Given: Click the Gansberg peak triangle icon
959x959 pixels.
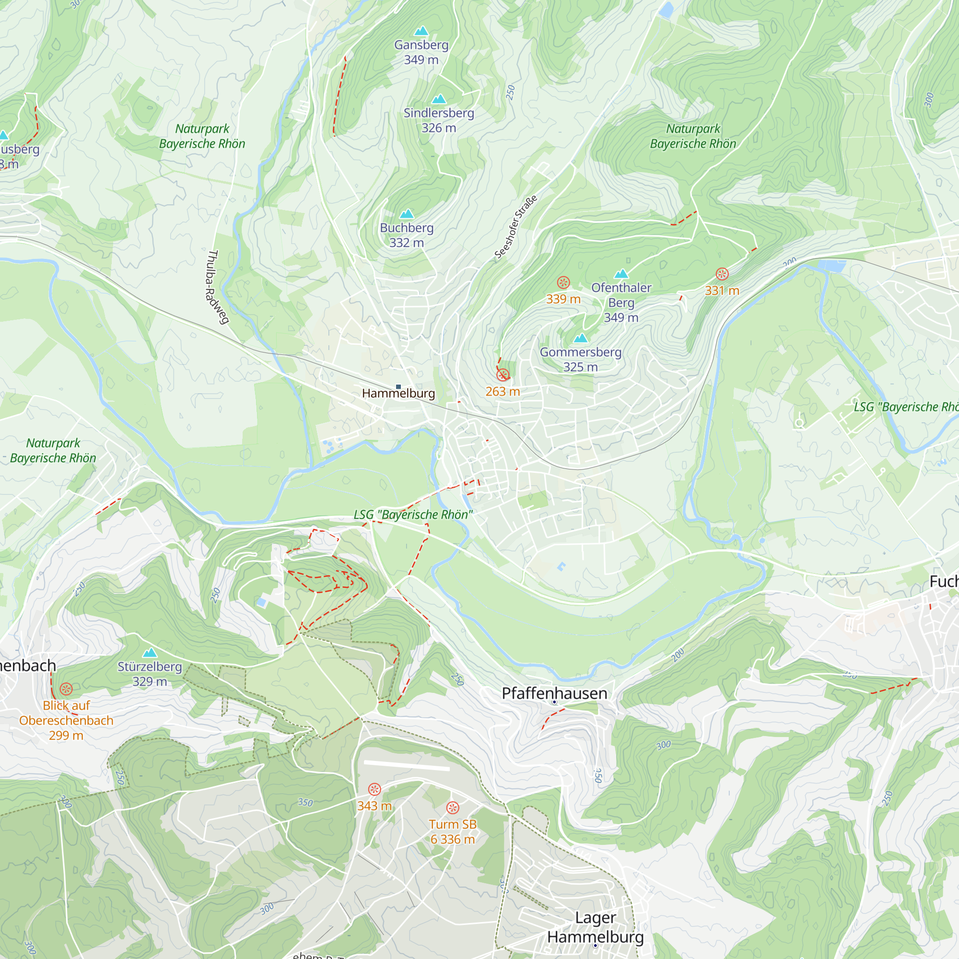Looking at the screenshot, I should pos(421,31).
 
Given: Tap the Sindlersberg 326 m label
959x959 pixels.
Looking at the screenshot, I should pos(438,120).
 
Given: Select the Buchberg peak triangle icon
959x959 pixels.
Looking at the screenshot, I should pos(407,214).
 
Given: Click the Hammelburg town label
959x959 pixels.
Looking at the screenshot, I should pos(398,394).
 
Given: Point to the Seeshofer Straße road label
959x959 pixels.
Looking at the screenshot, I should pos(516,227).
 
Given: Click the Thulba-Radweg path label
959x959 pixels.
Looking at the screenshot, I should pos(217,287).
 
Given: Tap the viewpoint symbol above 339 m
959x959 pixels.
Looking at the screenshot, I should pos(563,282).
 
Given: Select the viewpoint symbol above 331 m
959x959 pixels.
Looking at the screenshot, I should pos(722,274).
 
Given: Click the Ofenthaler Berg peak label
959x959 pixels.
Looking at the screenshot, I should pos(621,302).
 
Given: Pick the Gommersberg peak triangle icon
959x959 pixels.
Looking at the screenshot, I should pos(580,339).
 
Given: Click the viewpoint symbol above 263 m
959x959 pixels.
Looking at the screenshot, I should pos(503,375).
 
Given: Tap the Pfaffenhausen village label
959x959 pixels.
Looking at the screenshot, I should pos(554,693).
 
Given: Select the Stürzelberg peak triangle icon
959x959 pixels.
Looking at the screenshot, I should pos(150,653).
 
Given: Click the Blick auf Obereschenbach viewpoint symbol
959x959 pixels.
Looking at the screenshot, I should pos(66,689).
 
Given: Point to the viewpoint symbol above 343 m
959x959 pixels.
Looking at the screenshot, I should pos(374,789).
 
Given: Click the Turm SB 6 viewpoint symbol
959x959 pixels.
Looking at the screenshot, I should pos(452,807).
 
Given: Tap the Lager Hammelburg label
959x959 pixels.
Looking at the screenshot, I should pos(595,927).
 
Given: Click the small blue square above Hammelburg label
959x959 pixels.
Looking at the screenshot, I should pos(398,386).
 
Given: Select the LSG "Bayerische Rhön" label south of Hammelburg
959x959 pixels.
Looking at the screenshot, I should pos(413,515).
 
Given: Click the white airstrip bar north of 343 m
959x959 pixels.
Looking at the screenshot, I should pos(407,765).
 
